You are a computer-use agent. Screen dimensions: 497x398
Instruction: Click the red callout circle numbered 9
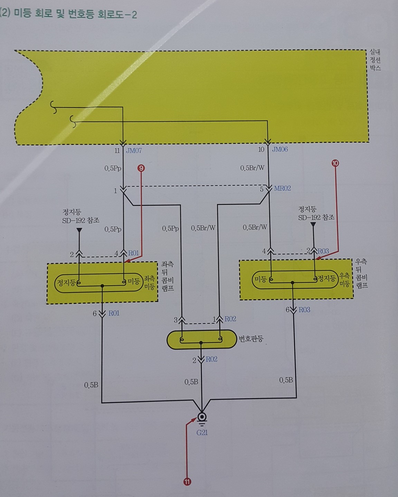[x=141, y=168]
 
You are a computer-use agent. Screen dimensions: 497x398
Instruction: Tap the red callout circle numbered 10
[x=335, y=163]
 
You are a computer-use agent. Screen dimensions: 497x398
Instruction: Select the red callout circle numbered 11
[x=187, y=482]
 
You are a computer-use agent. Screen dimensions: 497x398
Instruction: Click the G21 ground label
[x=202, y=432]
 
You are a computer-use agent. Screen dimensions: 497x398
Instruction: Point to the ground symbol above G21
[x=202, y=418]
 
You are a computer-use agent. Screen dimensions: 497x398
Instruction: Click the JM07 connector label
[x=134, y=151]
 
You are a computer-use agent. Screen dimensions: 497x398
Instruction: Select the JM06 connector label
[x=280, y=149]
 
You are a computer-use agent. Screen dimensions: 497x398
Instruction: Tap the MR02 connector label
[x=282, y=188]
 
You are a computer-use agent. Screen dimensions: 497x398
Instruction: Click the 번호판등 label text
[x=251, y=339]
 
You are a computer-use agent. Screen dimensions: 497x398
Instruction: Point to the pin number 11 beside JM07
[x=117, y=151]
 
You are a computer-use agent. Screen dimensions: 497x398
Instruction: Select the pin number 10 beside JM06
[x=261, y=149]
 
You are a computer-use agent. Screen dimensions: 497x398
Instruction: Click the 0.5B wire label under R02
[x=191, y=382]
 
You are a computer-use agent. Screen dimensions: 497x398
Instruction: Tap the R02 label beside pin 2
[x=211, y=359]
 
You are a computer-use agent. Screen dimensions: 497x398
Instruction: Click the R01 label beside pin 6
[x=114, y=313]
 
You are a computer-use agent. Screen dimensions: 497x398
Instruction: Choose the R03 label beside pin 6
[x=304, y=310]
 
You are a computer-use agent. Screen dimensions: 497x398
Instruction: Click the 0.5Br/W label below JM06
[x=252, y=168]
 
